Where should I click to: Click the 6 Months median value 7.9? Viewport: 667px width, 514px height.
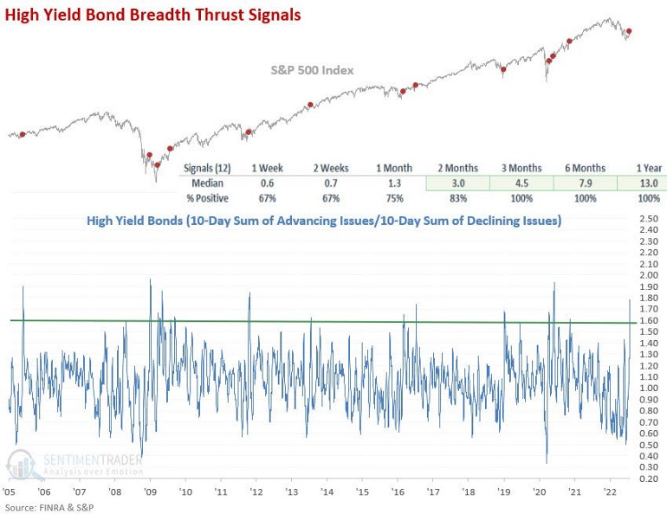coord(581,183)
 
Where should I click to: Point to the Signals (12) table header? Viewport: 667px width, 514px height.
coord(207,168)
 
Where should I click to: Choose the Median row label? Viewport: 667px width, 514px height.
coord(208,183)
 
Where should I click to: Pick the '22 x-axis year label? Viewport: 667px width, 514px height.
coord(609,492)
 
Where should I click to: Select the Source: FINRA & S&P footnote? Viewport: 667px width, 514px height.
coord(49,507)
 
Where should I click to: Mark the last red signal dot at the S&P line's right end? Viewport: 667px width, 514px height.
coord(629,31)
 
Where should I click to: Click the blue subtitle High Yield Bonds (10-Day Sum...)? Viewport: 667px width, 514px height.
coord(323,221)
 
